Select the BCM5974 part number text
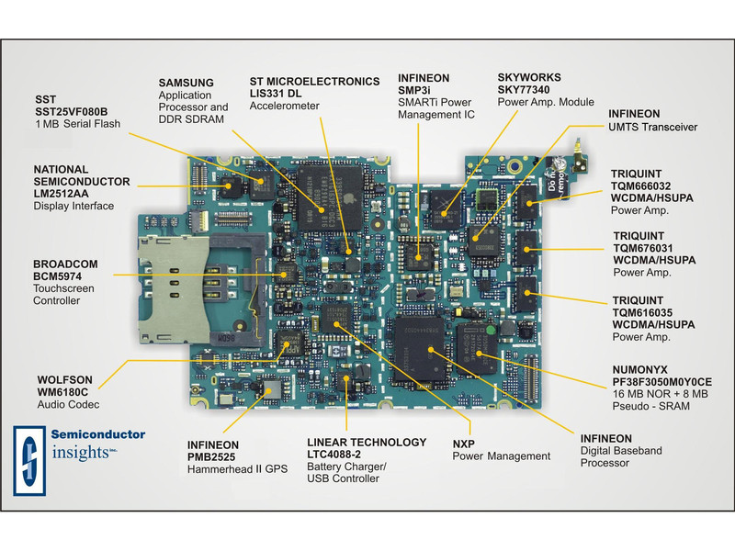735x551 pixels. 64,275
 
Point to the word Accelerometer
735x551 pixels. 284,107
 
